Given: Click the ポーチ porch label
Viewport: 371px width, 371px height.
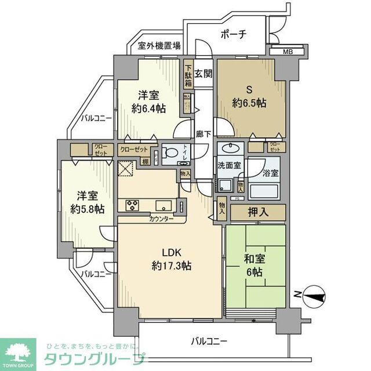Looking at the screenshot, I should tap(234, 34).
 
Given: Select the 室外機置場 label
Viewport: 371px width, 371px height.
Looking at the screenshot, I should tap(159, 46).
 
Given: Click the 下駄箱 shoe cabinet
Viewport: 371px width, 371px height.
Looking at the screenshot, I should tap(188, 75).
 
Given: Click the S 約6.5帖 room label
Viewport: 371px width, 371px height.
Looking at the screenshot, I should tap(249, 96).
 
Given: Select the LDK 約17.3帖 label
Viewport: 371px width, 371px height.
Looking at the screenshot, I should tap(171, 259).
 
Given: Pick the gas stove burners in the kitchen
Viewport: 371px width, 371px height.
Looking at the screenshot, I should tap(130, 204).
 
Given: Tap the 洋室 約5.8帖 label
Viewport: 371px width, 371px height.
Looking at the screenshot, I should tap(85, 202).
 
